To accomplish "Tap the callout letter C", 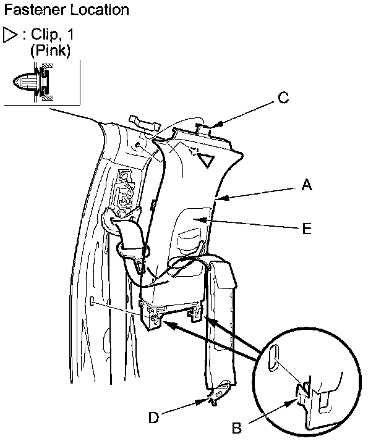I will click(x=282, y=96).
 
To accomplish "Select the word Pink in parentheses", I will click(x=50, y=51).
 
